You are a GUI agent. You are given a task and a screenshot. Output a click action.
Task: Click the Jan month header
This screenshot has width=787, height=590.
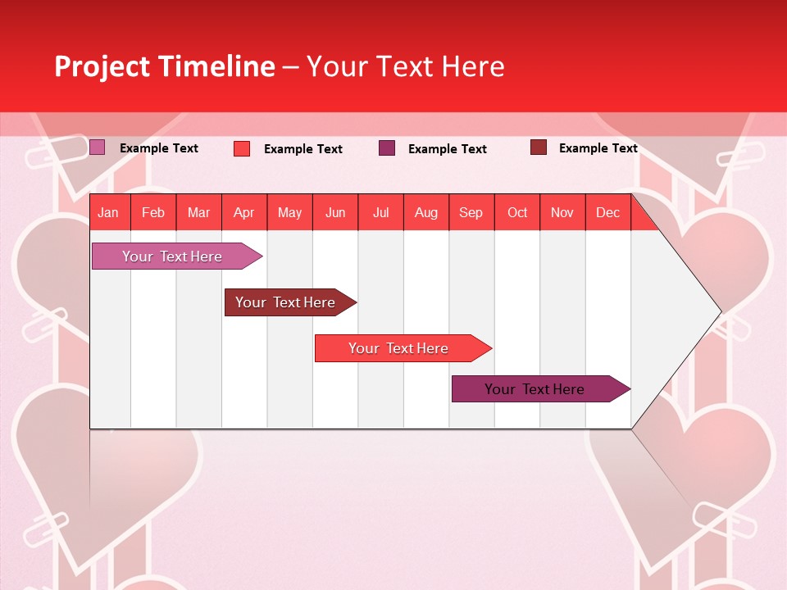coord(108,212)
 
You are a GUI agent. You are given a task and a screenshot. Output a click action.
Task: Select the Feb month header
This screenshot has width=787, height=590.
coord(153,212)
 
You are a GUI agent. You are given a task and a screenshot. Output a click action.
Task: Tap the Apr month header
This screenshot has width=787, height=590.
coord(243,212)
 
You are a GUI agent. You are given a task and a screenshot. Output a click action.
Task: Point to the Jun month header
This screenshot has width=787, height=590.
coord(335,212)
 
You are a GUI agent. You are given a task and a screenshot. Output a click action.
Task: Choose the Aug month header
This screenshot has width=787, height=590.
coord(425,212)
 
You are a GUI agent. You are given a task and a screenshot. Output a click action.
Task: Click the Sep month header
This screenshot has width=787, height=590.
coord(471,212)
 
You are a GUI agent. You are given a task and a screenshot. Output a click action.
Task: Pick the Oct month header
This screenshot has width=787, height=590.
coord(517,212)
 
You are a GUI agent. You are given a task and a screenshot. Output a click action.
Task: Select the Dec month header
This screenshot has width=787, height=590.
coord(607,212)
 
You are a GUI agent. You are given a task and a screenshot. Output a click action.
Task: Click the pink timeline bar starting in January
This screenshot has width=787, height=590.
coord(172,256)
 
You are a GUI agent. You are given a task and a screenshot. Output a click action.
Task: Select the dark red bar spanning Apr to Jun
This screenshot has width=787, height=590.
coord(285,302)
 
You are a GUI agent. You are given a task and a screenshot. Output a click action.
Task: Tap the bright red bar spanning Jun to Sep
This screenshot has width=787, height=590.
coord(398,348)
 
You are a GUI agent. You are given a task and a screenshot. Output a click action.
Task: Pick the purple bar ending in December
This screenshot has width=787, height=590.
coord(535,389)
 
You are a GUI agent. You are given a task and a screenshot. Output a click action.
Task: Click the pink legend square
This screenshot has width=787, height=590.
coord(97,147)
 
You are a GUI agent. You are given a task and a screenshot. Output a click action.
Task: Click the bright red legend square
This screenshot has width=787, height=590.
coord(242,148)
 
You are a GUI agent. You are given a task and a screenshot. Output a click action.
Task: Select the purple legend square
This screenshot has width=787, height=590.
coord(387,147)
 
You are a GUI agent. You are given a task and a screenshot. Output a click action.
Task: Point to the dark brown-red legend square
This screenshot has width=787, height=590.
coord(538,147)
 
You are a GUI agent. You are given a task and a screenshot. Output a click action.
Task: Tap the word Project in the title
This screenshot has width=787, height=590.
coord(102,66)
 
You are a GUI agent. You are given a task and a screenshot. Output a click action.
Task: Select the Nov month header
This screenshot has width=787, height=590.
coord(562,212)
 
